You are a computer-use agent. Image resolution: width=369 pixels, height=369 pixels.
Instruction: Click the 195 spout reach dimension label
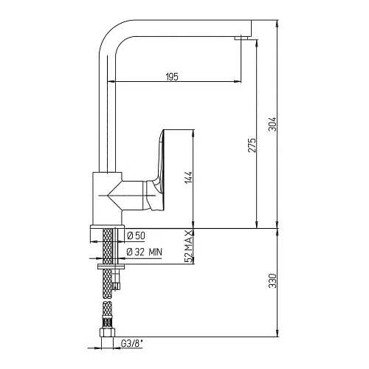click(x=172, y=77)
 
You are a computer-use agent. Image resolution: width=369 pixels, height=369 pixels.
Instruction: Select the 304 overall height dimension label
click(x=273, y=124)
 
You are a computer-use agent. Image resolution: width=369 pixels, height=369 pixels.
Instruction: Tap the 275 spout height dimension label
click(x=252, y=145)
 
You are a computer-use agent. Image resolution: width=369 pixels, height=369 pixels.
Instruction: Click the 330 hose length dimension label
click(x=273, y=280)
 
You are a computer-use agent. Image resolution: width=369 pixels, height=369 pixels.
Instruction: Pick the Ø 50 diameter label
click(x=136, y=236)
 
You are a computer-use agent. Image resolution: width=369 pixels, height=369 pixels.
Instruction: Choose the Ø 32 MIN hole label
click(x=145, y=252)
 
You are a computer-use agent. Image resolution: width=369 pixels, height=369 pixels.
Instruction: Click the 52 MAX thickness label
click(x=188, y=246)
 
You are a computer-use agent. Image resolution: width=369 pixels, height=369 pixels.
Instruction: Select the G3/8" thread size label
click(x=132, y=344)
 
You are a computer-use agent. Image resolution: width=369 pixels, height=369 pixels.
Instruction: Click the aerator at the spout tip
click(x=242, y=38)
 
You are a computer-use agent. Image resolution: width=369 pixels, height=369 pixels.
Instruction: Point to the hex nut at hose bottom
click(x=107, y=333)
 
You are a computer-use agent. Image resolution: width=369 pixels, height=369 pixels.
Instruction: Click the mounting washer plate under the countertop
click(x=111, y=266)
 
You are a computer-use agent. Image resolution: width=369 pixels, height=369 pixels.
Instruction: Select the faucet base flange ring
click(x=108, y=227)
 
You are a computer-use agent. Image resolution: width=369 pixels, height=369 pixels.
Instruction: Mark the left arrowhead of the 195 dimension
click(x=111, y=81)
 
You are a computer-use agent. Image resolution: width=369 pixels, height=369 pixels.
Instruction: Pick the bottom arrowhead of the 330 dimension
click(x=277, y=334)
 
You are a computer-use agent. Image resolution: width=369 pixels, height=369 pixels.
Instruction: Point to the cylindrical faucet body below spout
click(x=107, y=199)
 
